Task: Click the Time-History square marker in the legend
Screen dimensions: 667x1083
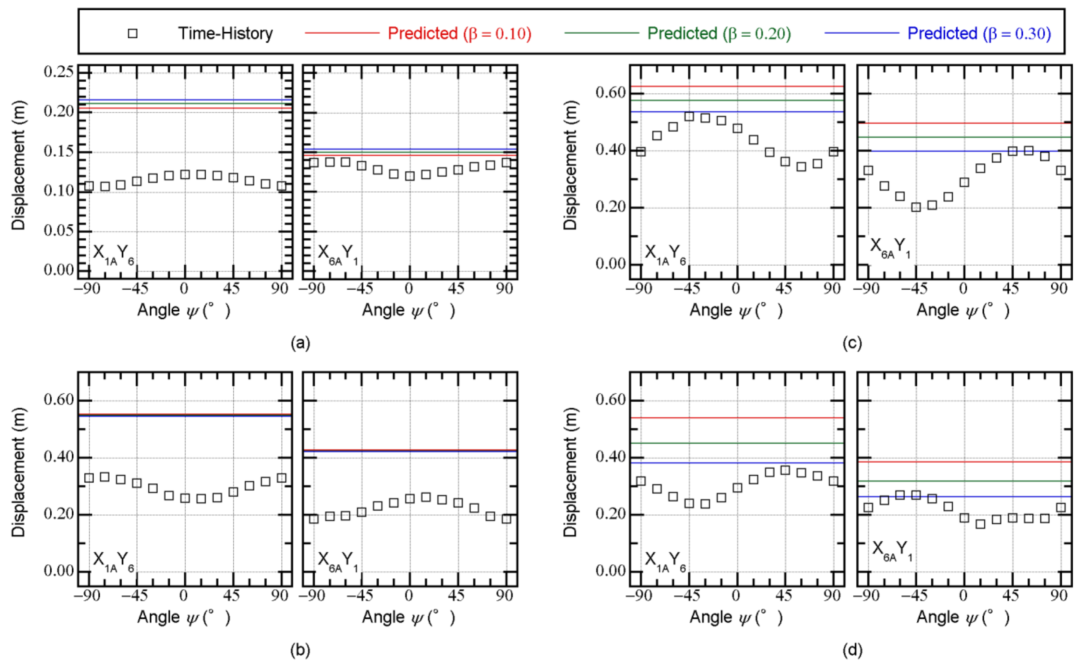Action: (132, 33)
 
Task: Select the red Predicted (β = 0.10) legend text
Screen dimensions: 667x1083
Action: (459, 33)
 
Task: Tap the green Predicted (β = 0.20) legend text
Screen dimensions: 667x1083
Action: (719, 33)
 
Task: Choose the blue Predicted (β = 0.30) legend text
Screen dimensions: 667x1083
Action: (979, 33)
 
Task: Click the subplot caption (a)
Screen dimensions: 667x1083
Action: (300, 343)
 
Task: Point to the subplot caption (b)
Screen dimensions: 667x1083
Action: (300, 650)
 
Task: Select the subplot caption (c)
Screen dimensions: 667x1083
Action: (852, 343)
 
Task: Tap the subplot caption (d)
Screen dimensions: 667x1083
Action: (852, 650)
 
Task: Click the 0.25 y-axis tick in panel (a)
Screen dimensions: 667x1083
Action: (59, 72)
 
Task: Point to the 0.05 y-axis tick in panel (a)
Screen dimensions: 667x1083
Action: (59, 230)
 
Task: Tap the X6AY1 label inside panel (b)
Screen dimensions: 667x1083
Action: (338, 561)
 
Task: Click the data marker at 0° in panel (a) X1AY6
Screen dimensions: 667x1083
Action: (185, 175)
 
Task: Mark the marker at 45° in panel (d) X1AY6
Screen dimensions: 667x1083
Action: (785, 470)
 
